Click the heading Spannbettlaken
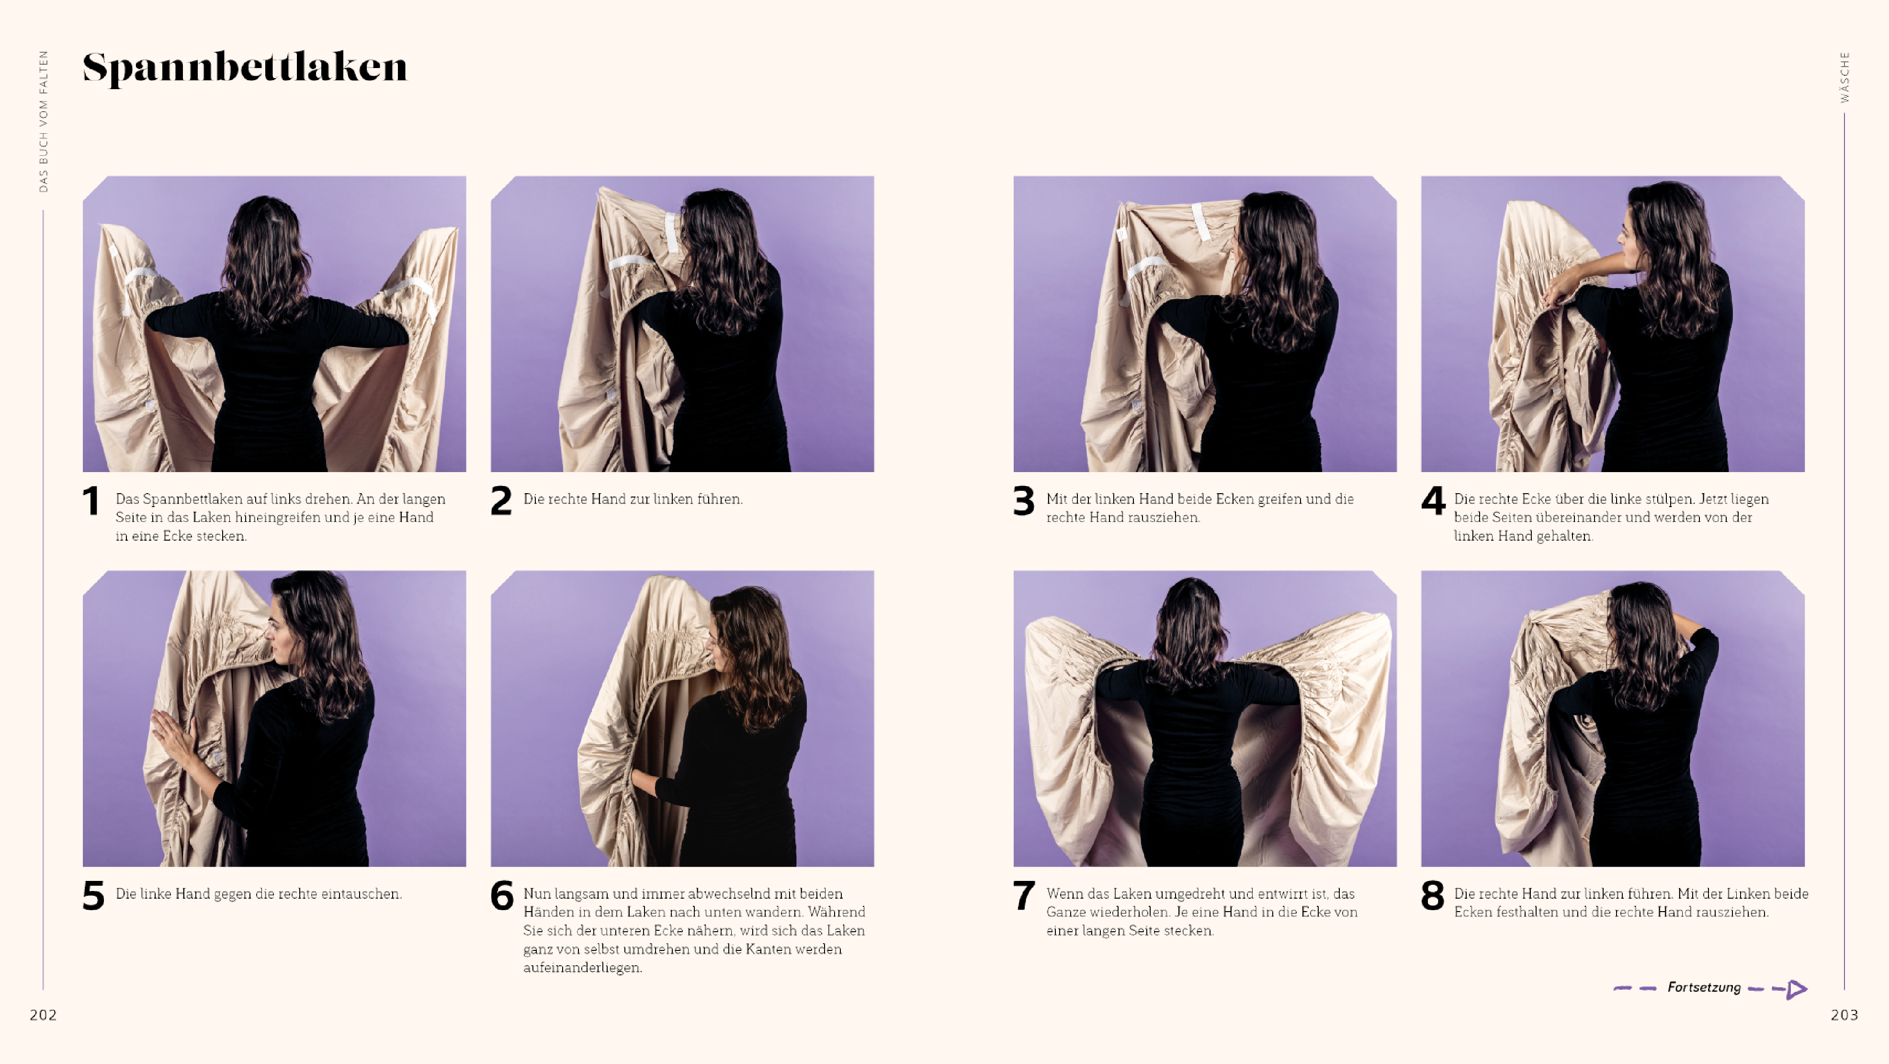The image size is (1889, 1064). [x=245, y=68]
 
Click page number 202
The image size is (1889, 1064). [x=43, y=1015]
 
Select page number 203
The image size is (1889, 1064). [x=1844, y=1015]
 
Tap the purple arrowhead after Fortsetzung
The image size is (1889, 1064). [x=1797, y=989]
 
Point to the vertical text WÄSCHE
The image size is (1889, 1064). [x=1845, y=77]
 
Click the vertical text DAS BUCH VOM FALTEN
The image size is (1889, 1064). [x=43, y=121]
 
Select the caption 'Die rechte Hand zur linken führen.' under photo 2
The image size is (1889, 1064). [x=633, y=499]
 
